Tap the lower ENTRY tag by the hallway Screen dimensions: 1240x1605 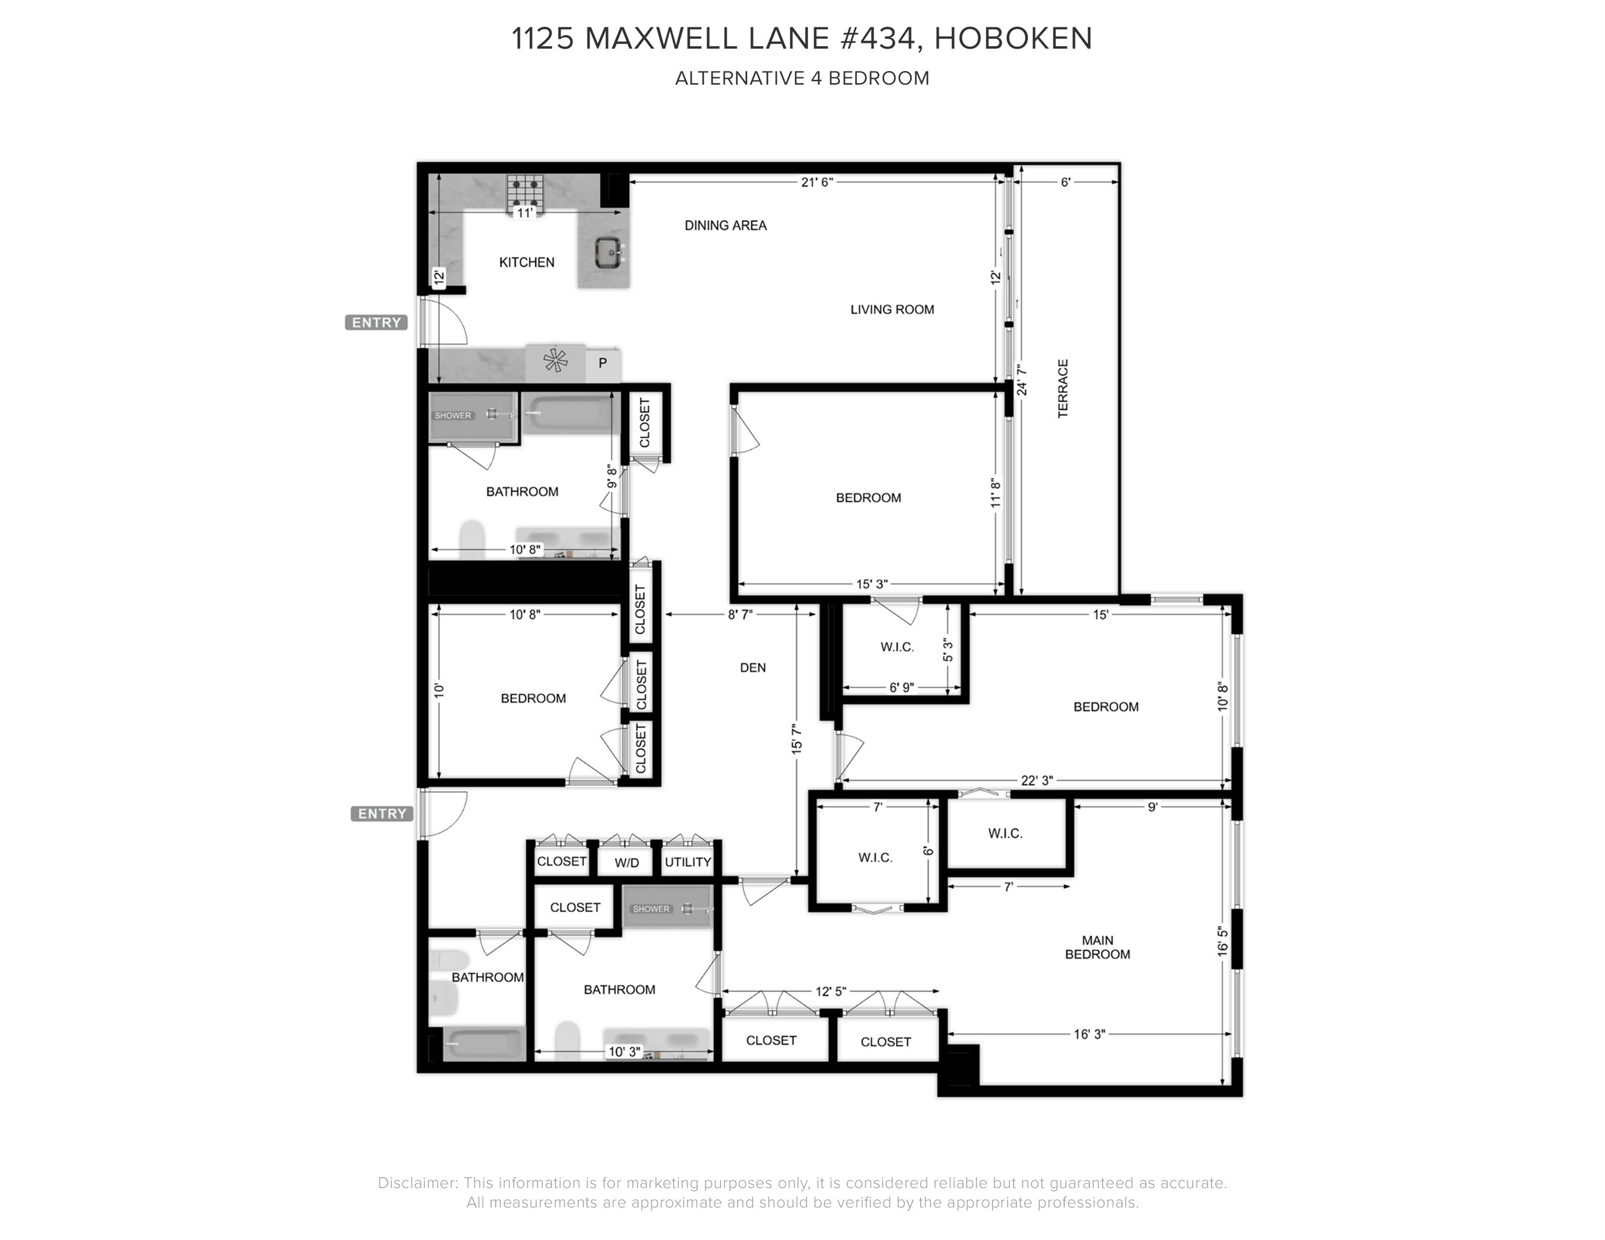[x=381, y=813]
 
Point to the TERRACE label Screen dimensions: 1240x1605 [x=1063, y=389]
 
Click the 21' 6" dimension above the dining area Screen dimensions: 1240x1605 [x=817, y=182]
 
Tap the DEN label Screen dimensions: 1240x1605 [x=753, y=668]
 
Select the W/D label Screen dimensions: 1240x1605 [x=627, y=863]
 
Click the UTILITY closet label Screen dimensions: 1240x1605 [x=688, y=862]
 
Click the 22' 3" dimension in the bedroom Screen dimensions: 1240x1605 [x=1036, y=781]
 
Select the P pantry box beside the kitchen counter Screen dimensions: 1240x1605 [x=602, y=363]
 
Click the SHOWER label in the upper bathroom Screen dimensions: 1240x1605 [x=453, y=416]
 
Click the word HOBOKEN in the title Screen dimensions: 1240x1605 [x=1013, y=38]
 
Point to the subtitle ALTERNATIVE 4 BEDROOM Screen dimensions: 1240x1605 [x=802, y=78]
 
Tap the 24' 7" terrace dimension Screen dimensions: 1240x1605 [x=1021, y=381]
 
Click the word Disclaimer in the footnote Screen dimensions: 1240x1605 [x=417, y=1183]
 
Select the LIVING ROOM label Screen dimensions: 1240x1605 [x=892, y=309]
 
